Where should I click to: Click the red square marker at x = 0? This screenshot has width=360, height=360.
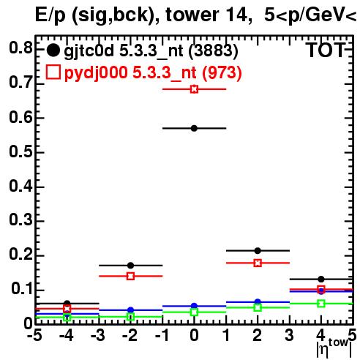pyautogui.click(x=194, y=89)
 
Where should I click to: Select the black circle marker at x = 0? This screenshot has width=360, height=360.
pyautogui.click(x=194, y=128)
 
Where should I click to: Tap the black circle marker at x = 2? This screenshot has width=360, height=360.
pyautogui.click(x=258, y=250)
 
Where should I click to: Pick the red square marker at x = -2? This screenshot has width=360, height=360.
pyautogui.click(x=131, y=276)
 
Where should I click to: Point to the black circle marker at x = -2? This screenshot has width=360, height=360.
pyautogui.click(x=131, y=266)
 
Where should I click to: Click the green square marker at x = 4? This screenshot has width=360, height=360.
pyautogui.click(x=321, y=304)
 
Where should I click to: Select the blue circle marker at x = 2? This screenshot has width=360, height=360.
pyautogui.click(x=258, y=302)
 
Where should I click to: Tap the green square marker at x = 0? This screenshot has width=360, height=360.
pyautogui.click(x=194, y=312)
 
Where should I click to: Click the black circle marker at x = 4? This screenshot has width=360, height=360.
pyautogui.click(x=321, y=279)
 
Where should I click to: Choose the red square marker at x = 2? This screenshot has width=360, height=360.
pyautogui.click(x=258, y=263)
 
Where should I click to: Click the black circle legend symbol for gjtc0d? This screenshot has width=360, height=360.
pyautogui.click(x=53, y=50)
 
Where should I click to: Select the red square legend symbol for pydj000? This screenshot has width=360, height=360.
pyautogui.click(x=53, y=72)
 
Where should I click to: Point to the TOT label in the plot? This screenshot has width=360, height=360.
pyautogui.click(x=326, y=50)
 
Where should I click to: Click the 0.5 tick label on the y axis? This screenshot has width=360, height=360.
pyautogui.click(x=20, y=152)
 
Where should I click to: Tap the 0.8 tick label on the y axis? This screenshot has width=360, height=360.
pyautogui.click(x=20, y=48)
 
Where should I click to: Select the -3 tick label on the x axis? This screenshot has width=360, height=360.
pyautogui.click(x=98, y=335)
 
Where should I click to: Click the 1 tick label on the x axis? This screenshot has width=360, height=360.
pyautogui.click(x=227, y=335)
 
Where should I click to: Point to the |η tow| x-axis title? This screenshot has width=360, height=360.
pyautogui.click(x=334, y=348)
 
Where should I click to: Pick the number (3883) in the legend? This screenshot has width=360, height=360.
pyautogui.click(x=214, y=51)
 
